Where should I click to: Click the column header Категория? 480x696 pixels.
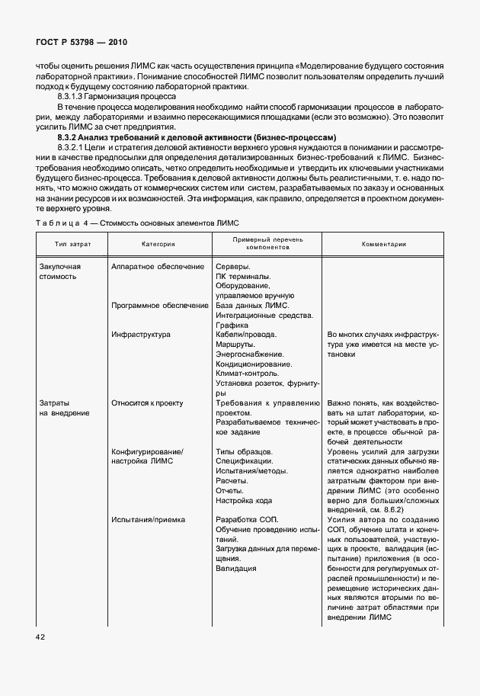[x=158, y=244]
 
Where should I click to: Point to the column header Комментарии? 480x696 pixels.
[x=383, y=244]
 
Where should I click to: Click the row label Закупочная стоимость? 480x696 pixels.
[x=59, y=271]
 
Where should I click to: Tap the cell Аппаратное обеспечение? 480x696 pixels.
[x=158, y=267]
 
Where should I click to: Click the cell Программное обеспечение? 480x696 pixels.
[x=160, y=305]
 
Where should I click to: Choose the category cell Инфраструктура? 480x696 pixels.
[x=141, y=334]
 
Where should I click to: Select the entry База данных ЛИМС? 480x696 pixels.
[x=253, y=305]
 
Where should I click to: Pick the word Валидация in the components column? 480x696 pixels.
[x=236, y=568]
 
